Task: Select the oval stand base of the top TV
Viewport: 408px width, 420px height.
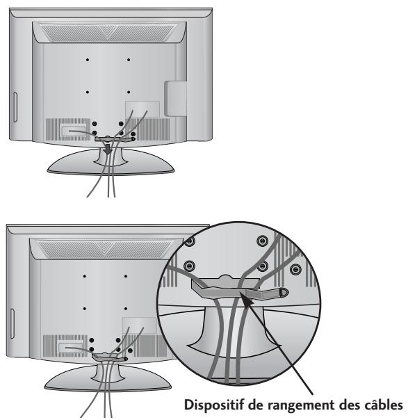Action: [105, 168]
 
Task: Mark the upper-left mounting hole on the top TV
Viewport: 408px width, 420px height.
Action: [88, 60]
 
